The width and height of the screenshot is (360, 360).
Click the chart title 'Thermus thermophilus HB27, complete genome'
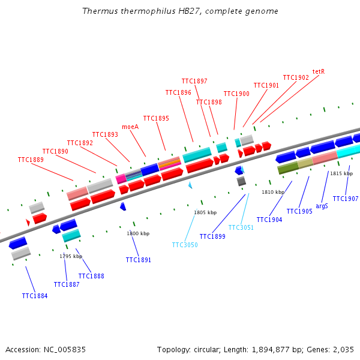(180, 11)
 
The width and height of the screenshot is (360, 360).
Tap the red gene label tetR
(319, 71)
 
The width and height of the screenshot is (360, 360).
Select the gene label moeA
(130, 127)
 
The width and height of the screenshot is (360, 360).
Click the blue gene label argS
(322, 206)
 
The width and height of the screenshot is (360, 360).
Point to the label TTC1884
(35, 296)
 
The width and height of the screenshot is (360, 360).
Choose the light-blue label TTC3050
(185, 245)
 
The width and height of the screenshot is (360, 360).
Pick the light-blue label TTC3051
(241, 227)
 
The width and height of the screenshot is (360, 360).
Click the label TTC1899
(212, 236)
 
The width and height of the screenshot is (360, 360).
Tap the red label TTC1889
(31, 160)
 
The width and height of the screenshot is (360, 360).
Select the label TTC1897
(194, 81)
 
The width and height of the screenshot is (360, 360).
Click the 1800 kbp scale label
(138, 233)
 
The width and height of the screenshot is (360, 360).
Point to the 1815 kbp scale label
(341, 173)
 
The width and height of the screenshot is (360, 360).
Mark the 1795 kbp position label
(71, 256)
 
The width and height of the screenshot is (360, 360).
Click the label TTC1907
(346, 199)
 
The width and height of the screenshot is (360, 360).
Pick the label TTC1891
(139, 260)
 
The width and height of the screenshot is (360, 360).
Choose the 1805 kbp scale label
(205, 212)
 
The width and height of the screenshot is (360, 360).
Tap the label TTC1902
(296, 77)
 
